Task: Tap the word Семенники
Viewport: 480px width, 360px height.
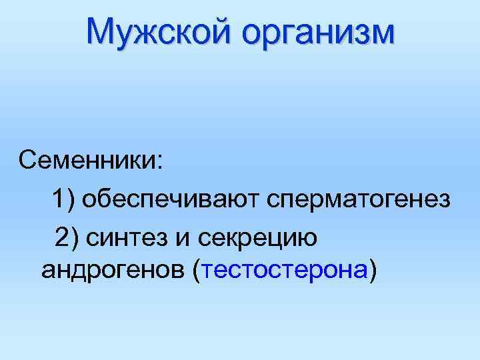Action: (x=87, y=161)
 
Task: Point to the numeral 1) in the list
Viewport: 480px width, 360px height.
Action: (x=65, y=198)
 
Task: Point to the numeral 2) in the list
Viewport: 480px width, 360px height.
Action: (x=67, y=235)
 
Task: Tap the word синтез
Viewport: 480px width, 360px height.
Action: (x=136, y=236)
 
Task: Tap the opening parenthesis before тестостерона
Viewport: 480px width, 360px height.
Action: (x=196, y=272)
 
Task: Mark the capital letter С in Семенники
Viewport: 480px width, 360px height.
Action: (x=29, y=161)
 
